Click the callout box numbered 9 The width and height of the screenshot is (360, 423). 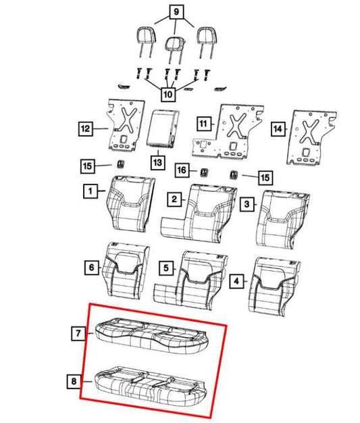(x=176, y=11)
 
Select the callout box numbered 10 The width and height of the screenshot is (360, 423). (x=168, y=95)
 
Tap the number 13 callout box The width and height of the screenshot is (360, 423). (x=157, y=162)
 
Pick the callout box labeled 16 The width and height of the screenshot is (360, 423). (x=182, y=170)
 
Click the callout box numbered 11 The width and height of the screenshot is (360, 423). (x=204, y=124)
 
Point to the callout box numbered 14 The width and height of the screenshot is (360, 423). (x=278, y=128)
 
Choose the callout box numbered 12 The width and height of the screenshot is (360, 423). (x=86, y=128)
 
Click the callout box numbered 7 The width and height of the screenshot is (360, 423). (x=78, y=333)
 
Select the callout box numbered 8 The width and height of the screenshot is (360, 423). (x=74, y=382)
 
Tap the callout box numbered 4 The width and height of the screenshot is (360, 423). (x=236, y=281)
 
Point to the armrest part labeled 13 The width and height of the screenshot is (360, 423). (x=162, y=128)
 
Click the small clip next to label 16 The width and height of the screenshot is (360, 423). (x=203, y=172)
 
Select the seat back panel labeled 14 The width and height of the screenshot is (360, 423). (x=311, y=138)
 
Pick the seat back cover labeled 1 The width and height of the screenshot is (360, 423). (x=130, y=203)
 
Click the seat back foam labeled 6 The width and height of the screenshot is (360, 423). (x=126, y=270)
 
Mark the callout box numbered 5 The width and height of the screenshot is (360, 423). (x=166, y=268)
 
